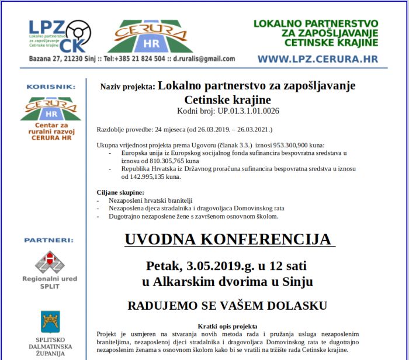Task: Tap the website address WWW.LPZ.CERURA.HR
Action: coord(318,59)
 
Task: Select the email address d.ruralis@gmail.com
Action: coord(204,59)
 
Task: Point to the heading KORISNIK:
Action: coord(50,86)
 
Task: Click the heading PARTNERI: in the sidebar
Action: coord(49,240)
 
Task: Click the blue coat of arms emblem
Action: coord(50,321)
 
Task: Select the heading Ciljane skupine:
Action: coord(120,192)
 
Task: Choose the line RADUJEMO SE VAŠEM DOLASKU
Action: coord(227,305)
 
